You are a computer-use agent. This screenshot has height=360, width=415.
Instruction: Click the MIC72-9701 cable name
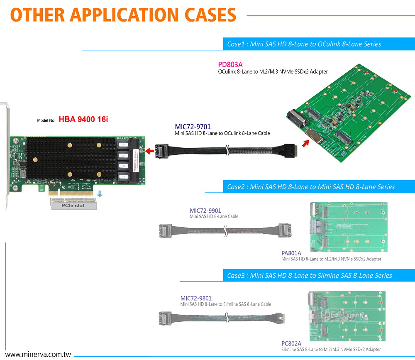193,127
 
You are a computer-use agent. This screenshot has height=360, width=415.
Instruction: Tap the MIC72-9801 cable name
196,298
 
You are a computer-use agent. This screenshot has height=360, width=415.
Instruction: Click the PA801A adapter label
291,253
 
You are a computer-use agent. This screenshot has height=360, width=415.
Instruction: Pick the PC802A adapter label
291,343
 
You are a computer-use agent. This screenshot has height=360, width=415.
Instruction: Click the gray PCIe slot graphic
73,204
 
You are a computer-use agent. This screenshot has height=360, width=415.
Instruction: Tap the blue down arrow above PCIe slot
100,194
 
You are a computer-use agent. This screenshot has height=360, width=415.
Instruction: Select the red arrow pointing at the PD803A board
305,144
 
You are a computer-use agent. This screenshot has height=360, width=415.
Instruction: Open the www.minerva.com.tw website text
38,355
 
